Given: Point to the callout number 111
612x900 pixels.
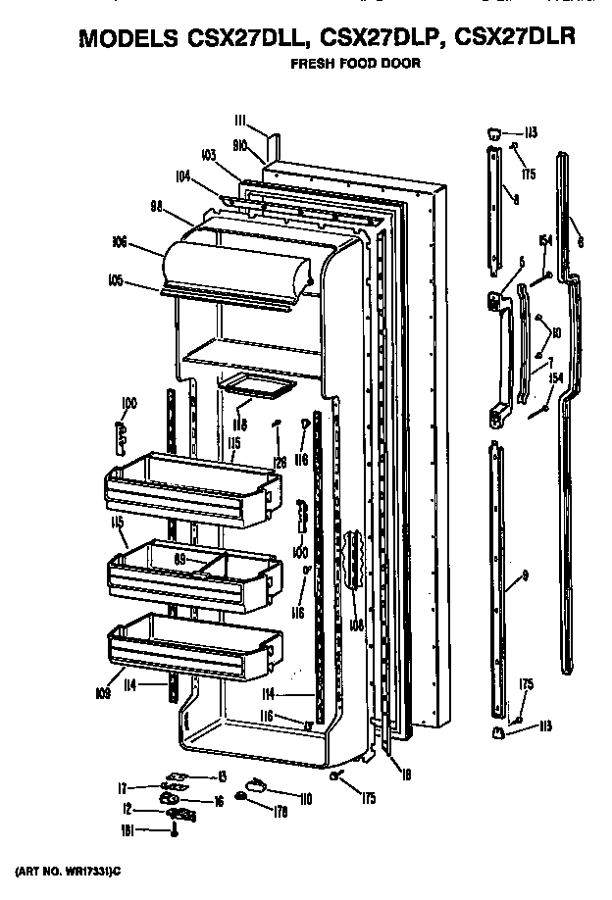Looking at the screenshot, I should [x=241, y=120].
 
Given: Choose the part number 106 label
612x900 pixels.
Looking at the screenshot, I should [x=122, y=239].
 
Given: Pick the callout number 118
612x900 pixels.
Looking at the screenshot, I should [x=238, y=426].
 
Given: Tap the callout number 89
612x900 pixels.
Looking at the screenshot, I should [x=180, y=559].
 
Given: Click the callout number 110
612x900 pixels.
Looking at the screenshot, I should [x=306, y=800].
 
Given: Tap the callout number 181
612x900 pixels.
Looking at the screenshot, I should [x=125, y=829].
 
